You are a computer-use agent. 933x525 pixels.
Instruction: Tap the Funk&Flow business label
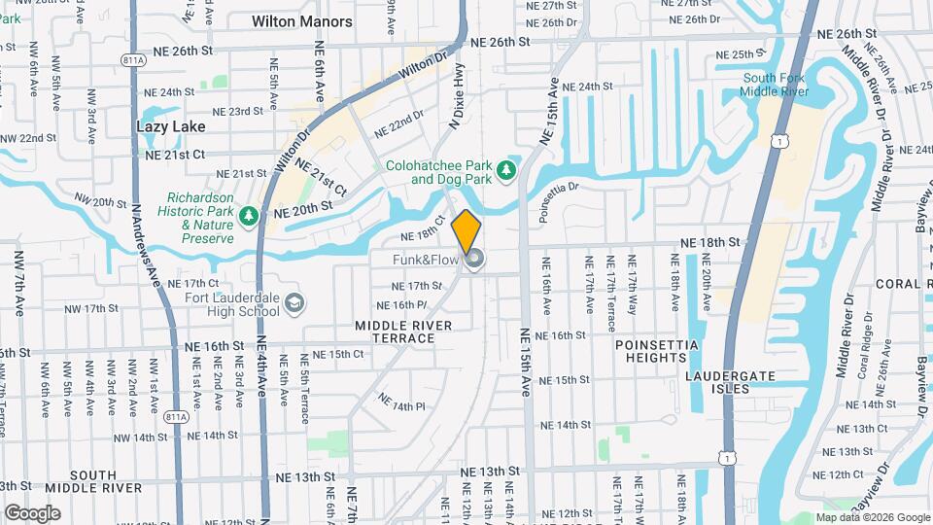click(x=425, y=261)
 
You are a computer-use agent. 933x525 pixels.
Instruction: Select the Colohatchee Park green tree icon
click(x=505, y=172)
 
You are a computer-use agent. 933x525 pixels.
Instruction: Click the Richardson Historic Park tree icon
click(x=250, y=215)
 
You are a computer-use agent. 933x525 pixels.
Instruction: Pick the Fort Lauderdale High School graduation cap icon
click(x=294, y=305)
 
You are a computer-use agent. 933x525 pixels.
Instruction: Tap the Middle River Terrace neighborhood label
click(x=395, y=332)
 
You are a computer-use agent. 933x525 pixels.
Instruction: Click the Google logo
click(x=32, y=512)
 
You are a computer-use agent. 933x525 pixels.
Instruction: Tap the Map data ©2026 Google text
click(x=872, y=516)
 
